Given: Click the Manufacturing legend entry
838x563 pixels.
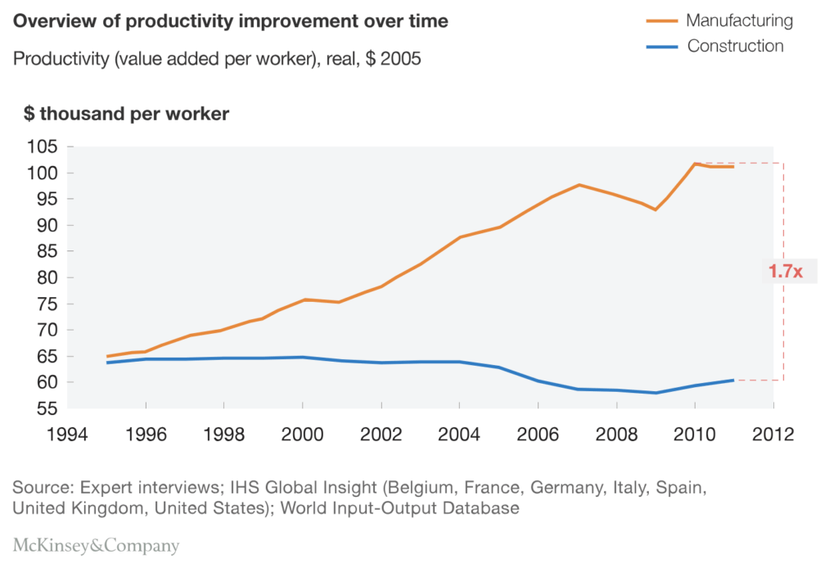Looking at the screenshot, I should point(739,20).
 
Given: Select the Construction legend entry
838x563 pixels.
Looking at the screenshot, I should point(735,46).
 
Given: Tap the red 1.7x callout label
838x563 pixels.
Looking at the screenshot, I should point(785,272).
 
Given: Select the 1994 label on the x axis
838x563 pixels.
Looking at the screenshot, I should point(67,434).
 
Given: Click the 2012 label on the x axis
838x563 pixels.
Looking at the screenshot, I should point(773,434).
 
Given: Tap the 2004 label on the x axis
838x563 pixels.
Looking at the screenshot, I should point(460,434).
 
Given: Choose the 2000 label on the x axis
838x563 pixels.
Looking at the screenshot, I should point(303,434).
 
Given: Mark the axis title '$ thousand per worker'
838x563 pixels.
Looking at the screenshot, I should point(126,114).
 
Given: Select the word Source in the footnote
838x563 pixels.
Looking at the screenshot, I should point(40,488).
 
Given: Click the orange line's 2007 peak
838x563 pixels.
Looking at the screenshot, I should point(579,185).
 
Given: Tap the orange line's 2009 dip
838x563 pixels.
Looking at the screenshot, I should point(656,209).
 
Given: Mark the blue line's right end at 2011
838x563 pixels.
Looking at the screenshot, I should point(733,380).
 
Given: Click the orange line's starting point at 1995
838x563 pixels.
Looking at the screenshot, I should point(107,357).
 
